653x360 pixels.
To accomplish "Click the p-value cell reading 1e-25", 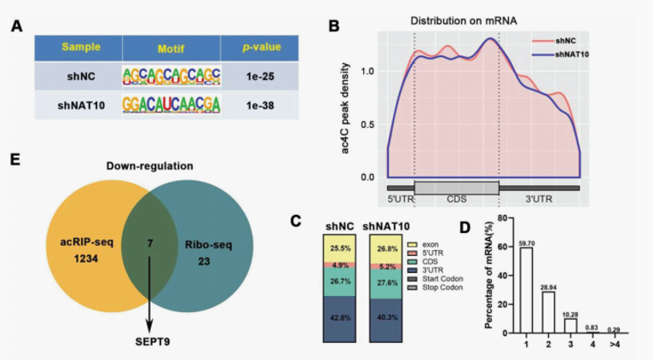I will point(246,75).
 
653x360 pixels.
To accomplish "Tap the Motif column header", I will point(170,47).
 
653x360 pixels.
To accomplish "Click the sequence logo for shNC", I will point(170,75).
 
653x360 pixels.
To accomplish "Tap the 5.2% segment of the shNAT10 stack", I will point(386,267).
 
